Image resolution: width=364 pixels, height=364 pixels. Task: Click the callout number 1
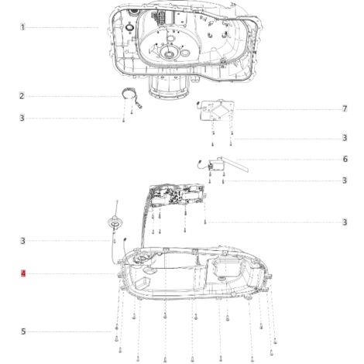point(22,27)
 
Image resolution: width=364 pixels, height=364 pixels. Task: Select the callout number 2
point(22,96)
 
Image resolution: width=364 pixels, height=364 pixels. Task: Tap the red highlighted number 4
point(23,273)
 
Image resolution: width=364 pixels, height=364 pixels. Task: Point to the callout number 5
point(23,331)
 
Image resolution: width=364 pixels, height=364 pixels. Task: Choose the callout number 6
point(345,159)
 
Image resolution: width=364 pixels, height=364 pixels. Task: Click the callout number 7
point(345,109)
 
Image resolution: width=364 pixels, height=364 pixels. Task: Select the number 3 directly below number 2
point(22,118)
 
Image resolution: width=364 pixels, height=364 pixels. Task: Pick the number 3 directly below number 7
point(345,138)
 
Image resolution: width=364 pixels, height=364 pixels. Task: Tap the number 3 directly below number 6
point(345,180)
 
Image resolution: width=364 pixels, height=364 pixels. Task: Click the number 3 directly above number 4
point(22,241)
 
